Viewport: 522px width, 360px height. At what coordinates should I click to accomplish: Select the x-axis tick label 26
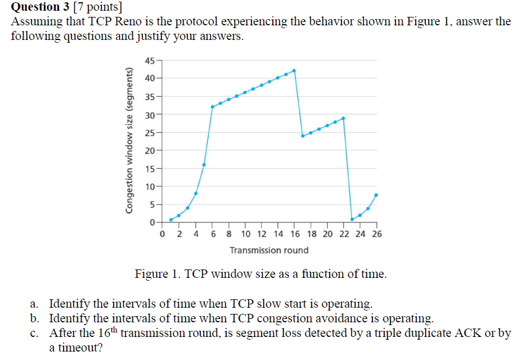[376, 233]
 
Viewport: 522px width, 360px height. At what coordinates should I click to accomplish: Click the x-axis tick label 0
[163, 233]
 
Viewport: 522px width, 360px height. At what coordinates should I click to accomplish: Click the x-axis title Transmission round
[269, 250]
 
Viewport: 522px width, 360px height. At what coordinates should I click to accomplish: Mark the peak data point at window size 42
[294, 70]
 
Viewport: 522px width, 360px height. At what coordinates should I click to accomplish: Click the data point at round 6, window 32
[212, 107]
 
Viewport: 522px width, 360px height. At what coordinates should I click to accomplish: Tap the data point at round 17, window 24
[303, 136]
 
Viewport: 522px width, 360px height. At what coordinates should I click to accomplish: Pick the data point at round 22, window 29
[343, 118]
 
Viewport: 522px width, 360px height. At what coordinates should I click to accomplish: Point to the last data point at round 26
[376, 195]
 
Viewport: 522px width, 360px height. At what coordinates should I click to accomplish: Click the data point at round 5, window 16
[204, 165]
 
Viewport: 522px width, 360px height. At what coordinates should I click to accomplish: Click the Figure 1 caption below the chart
[260, 274]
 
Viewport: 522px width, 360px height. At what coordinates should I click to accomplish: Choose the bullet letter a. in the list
[35, 304]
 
